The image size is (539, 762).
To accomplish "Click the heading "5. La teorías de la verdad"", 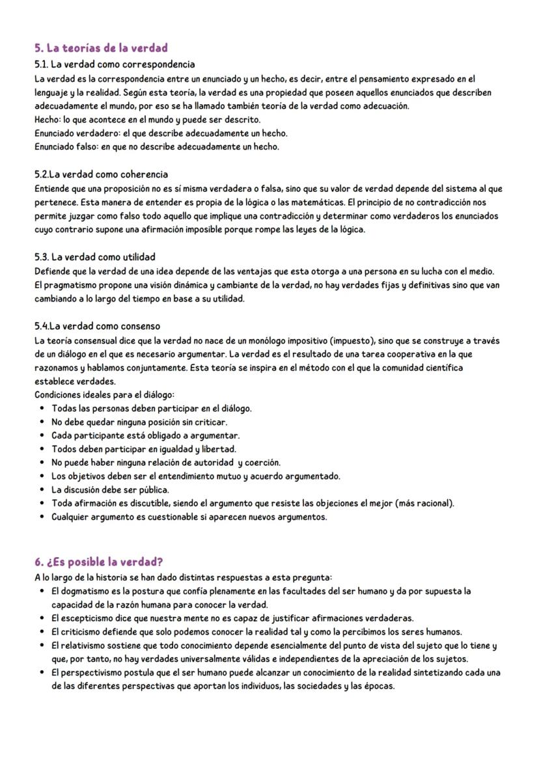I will click(x=101, y=48).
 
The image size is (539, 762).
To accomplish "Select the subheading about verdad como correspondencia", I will click(x=115, y=64).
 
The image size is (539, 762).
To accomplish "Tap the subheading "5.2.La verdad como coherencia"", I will click(x=101, y=174).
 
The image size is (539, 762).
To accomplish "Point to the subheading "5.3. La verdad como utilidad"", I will click(x=95, y=257).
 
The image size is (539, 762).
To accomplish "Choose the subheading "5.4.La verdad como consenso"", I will click(x=97, y=326).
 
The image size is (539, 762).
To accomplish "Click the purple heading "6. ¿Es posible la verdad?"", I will click(x=98, y=562).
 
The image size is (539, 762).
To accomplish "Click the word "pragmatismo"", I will click(x=68, y=285).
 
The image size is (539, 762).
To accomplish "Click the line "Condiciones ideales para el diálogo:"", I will click(x=104, y=395).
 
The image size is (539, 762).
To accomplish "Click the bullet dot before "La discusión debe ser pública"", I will click(x=42, y=490).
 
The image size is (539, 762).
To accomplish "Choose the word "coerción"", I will click(x=262, y=463).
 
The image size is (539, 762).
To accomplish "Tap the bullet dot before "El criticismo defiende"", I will click(x=42, y=632).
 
